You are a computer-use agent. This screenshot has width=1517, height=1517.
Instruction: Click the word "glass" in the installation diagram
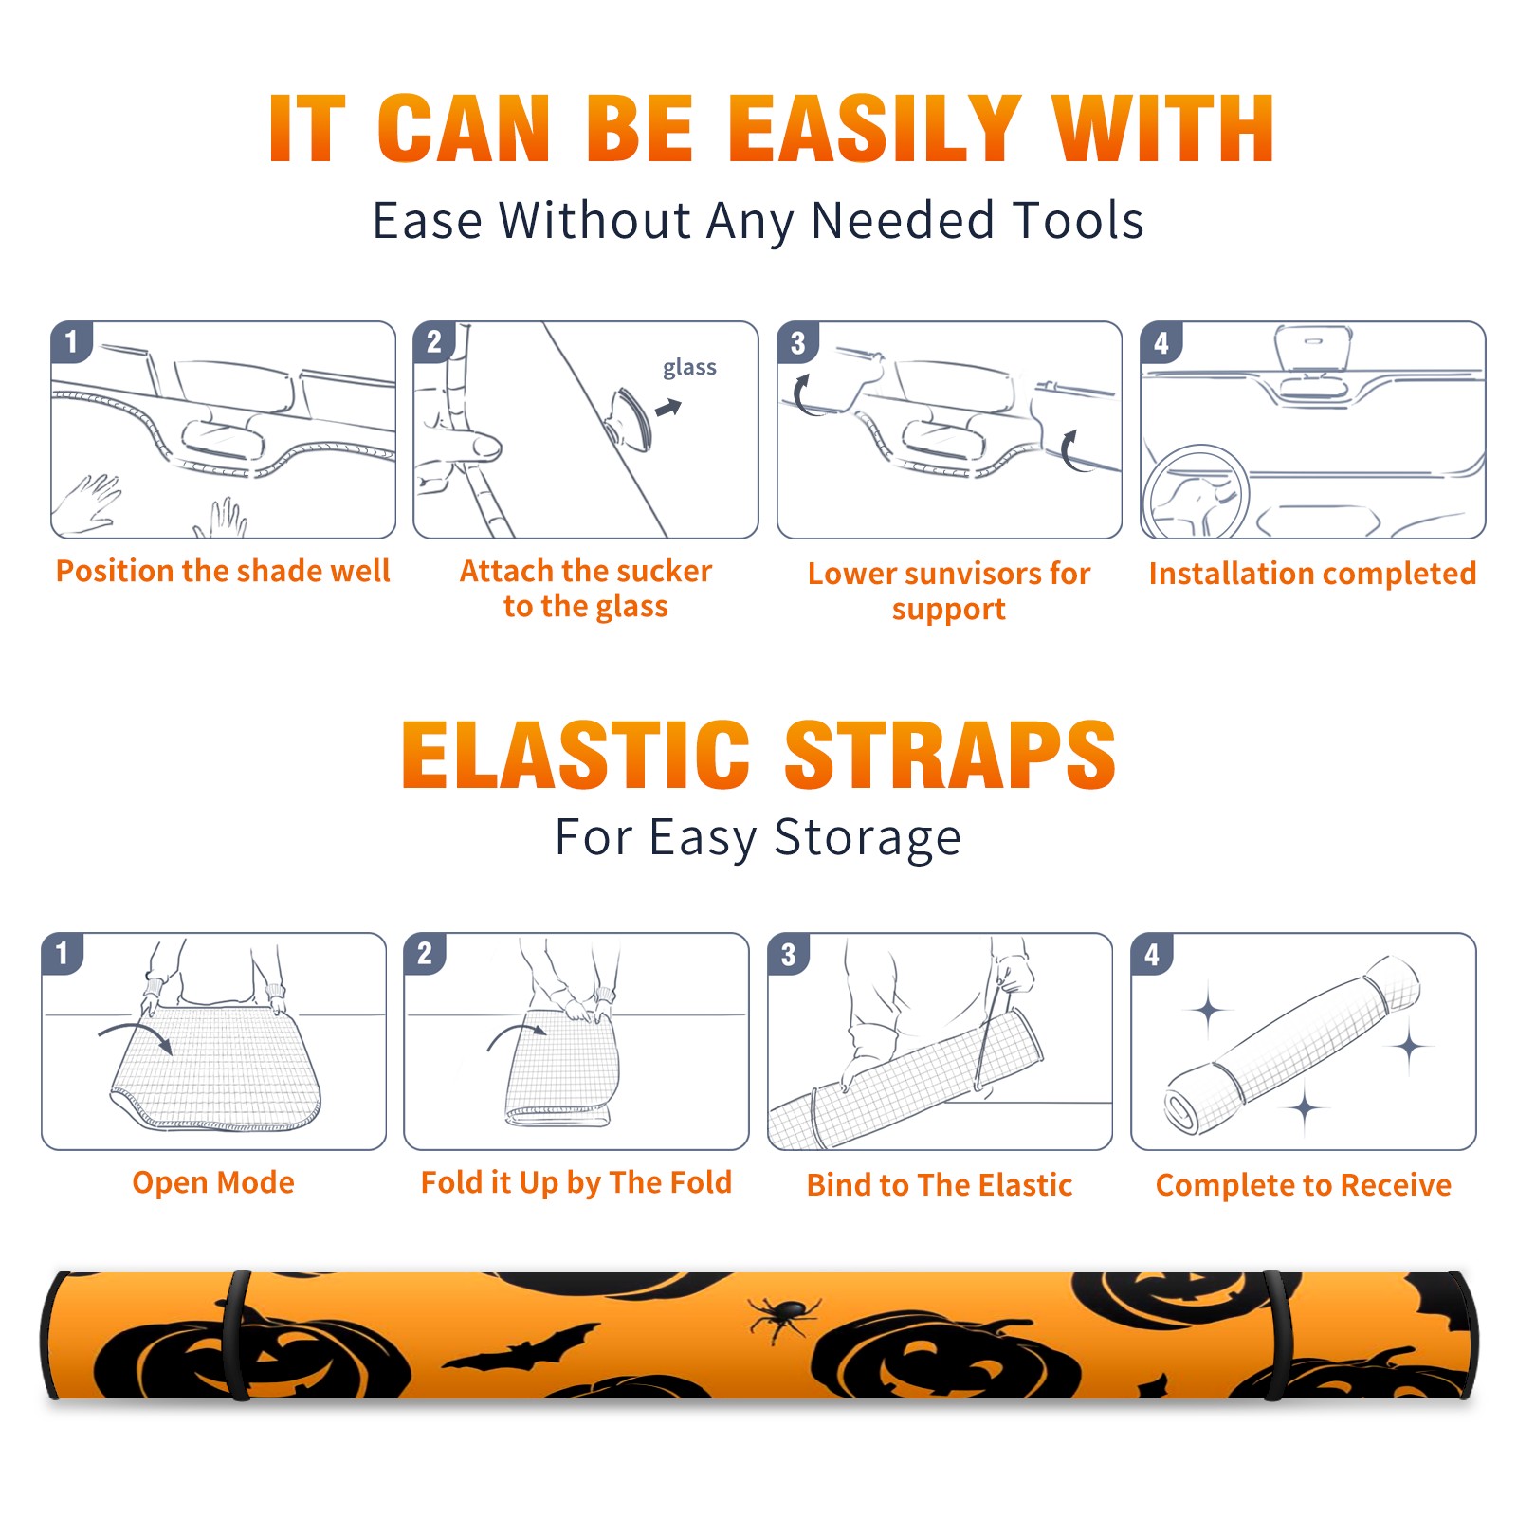pos(689,368)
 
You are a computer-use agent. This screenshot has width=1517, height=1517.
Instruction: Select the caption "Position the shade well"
pos(223,571)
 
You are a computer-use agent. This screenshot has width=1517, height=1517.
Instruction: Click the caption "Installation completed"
pos(1312,573)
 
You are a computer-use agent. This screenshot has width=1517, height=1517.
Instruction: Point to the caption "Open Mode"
pos(213,1182)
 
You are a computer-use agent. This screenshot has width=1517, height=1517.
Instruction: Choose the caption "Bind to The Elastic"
pos(940,1184)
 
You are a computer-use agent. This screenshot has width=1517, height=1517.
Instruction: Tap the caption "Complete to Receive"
pos(1304,1184)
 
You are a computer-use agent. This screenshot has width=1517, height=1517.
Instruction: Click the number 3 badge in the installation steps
pos(797,342)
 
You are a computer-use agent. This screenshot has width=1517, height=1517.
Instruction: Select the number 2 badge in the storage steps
pos(425,953)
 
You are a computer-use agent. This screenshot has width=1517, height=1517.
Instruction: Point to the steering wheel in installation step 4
pos(1197,493)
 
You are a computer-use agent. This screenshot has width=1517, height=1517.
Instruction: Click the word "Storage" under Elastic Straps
pos(868,838)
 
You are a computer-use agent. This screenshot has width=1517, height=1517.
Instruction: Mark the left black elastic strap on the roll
pos(238,1335)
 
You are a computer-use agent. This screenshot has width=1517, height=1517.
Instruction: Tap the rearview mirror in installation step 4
pos(1313,350)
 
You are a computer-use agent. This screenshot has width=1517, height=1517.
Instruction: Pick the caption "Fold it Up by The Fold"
pos(576,1182)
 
